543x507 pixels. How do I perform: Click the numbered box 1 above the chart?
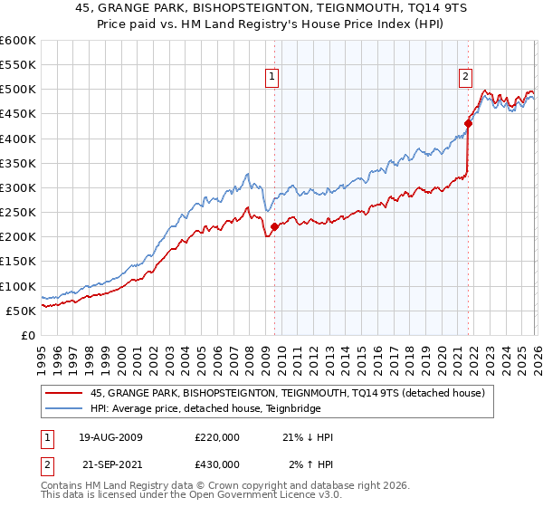tap(272, 77)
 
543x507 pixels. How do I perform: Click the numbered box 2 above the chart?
tap(465, 77)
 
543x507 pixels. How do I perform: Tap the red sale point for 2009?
tap(275, 227)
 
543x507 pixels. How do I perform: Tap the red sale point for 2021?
tap(469, 124)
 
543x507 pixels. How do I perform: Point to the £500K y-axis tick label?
tap(18, 90)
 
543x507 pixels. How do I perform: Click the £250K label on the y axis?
tap(18, 212)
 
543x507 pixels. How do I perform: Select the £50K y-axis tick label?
tap(21, 311)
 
